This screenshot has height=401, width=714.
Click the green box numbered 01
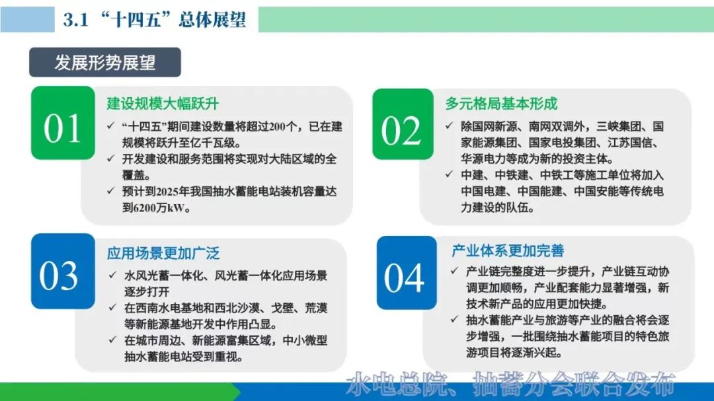coord(63,123)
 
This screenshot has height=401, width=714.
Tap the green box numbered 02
coord(403,124)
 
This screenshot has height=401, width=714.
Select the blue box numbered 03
coord(63,272)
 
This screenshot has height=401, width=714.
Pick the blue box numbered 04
coord(407,273)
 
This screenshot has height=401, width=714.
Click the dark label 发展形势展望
coord(105,62)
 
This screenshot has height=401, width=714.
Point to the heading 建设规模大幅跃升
coord(163,104)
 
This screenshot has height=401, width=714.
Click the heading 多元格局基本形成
coord(501,104)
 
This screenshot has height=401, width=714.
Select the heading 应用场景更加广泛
coord(163,253)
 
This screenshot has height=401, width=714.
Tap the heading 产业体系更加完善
coord(508,250)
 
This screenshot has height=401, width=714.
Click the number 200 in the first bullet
coord(278,127)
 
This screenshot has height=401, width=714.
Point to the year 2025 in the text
coord(167,192)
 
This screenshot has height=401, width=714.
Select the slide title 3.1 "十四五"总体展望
coord(154,20)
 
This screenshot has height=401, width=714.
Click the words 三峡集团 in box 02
coord(619,126)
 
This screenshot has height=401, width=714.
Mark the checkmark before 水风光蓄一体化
coord(113,275)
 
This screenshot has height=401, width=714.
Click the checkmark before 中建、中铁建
coord(450,174)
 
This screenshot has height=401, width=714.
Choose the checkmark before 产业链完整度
coord(454,271)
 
